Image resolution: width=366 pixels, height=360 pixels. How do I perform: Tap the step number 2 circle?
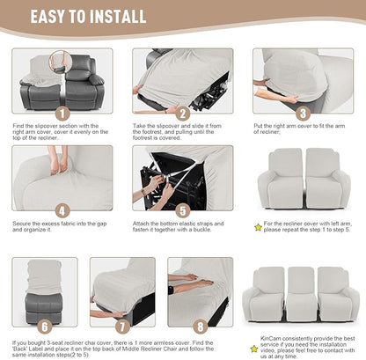pyautogui.click(x=182, y=114)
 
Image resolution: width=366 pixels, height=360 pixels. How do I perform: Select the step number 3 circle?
pyautogui.click(x=302, y=114)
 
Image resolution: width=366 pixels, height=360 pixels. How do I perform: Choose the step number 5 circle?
pyautogui.click(x=182, y=211)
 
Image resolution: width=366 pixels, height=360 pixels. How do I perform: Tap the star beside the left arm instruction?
pyautogui.click(x=258, y=226)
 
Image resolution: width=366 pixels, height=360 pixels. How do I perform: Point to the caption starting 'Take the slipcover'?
pyautogui.click(x=182, y=132)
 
